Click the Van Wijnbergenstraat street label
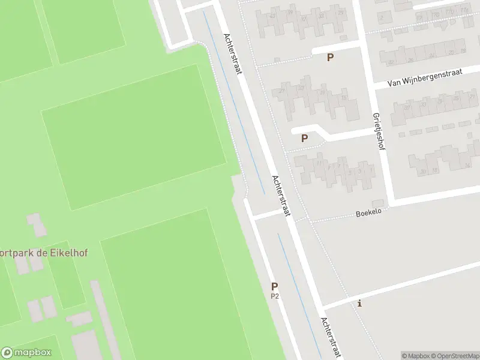tap(424, 78)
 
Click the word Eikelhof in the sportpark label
tap(67, 253)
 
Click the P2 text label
tap(275, 296)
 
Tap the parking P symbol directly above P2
tap(275, 287)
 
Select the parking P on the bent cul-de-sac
tap(304, 138)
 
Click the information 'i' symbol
tap(359, 303)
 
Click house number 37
tap(406, 109)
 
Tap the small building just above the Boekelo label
tap(377, 203)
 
